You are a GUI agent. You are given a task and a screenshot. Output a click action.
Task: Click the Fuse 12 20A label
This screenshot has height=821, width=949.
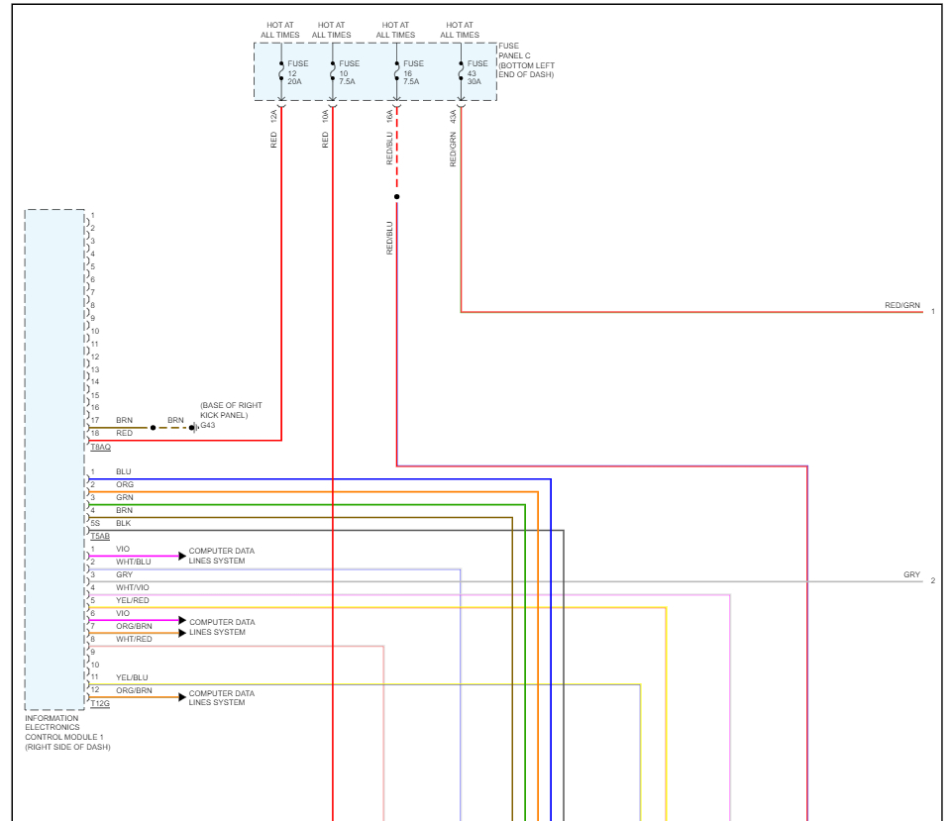coord(296,72)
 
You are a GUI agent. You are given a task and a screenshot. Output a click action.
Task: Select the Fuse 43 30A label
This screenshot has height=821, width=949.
coord(476,72)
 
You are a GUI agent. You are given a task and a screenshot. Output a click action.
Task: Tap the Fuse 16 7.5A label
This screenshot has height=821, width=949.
coord(412,72)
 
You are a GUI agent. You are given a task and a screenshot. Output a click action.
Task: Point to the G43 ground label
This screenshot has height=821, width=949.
coord(208,426)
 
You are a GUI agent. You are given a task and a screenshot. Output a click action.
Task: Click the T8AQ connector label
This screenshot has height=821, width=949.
coord(100,448)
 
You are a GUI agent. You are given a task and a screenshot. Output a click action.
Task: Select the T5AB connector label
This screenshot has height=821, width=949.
coord(100,536)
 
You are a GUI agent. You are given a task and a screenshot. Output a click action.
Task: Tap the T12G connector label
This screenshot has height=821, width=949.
coord(100,703)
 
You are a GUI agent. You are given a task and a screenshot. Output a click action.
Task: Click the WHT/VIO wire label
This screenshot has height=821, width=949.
coord(132,588)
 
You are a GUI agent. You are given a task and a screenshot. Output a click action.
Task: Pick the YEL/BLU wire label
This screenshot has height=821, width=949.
coord(132,677)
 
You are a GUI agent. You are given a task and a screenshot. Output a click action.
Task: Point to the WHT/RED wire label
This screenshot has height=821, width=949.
coord(134,639)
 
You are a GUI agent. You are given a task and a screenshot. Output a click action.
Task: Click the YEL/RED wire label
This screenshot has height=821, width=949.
coord(132,600)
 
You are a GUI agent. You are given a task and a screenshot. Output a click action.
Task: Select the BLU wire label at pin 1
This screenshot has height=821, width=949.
coord(123,471)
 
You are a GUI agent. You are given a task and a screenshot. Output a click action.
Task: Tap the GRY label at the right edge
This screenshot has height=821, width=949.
coord(911,575)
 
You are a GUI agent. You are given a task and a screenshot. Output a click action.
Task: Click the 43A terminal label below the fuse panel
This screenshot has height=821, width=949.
coord(453,116)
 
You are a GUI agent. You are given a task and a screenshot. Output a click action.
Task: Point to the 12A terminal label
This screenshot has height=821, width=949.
coord(273,116)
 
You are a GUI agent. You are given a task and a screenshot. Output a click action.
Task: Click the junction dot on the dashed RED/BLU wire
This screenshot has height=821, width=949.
coord(396,197)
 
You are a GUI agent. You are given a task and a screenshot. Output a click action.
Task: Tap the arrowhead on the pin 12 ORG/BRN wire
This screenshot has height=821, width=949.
coord(181,697)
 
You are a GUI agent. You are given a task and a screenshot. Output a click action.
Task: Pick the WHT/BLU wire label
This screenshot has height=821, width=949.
coord(134,562)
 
